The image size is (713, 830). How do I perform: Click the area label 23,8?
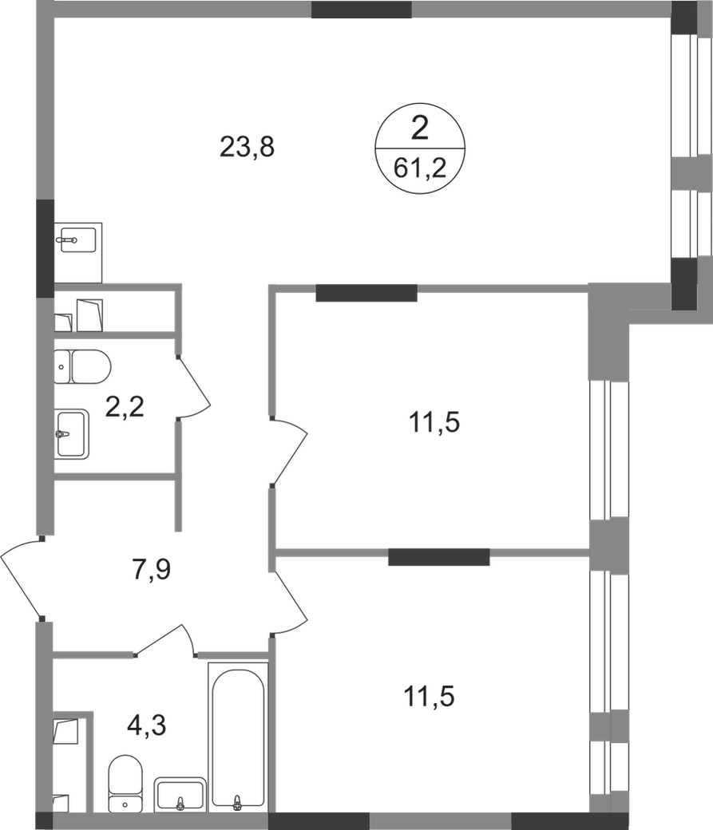(250, 148)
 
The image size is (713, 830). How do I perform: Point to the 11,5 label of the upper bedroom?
(434, 425)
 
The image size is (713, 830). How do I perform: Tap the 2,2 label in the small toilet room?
(124, 409)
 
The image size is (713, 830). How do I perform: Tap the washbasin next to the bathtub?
(179, 793)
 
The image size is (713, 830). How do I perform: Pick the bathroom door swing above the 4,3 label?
(168, 638)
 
